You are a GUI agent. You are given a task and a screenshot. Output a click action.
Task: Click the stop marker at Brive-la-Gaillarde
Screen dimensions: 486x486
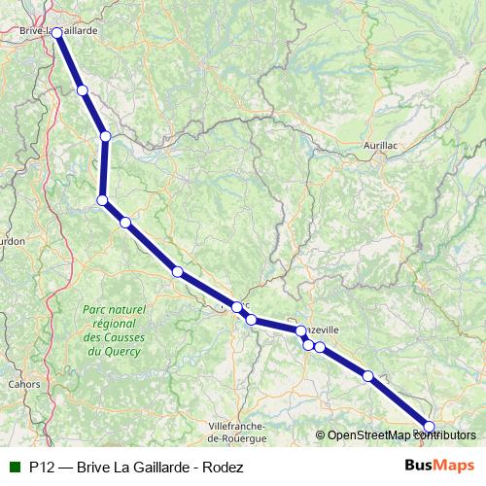[x=56, y=33]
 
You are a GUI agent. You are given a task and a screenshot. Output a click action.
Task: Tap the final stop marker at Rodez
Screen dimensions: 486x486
[x=430, y=427]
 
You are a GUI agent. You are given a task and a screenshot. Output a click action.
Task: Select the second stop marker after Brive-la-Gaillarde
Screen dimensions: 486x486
[x=105, y=136]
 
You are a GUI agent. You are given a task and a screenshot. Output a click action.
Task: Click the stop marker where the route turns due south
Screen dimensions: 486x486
[x=105, y=136]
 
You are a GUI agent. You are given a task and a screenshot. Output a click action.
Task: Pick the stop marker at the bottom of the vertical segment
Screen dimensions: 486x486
[x=102, y=200]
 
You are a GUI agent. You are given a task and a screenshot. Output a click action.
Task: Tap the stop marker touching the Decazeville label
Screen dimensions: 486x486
[x=301, y=331]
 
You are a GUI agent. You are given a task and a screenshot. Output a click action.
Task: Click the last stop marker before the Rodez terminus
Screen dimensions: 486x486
[x=367, y=376]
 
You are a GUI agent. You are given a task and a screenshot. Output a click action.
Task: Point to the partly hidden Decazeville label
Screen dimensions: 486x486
[x=323, y=330]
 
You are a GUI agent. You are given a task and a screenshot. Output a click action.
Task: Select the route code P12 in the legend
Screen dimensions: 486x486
[x=41, y=467]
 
